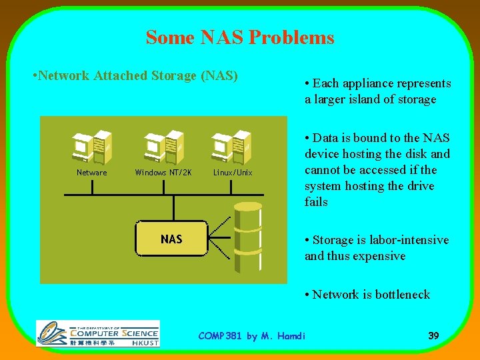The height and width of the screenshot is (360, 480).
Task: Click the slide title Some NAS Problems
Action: click(240, 37)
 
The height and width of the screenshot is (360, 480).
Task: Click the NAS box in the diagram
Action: click(171, 239)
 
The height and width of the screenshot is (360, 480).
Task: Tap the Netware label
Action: click(92, 173)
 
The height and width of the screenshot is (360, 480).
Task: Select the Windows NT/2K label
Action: click(163, 173)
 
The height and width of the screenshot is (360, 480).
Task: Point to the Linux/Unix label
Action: click(233, 173)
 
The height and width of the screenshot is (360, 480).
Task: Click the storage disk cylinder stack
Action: click(247, 237)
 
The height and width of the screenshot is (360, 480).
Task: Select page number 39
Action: click(433, 335)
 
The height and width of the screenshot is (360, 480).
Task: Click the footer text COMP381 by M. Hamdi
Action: click(252, 336)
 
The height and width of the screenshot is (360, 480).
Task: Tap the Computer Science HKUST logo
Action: click(98, 333)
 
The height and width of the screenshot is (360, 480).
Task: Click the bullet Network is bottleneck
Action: click(367, 295)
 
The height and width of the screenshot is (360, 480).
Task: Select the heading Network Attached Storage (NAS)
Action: click(135, 75)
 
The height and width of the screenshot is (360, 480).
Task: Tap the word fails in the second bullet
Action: click(316, 202)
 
